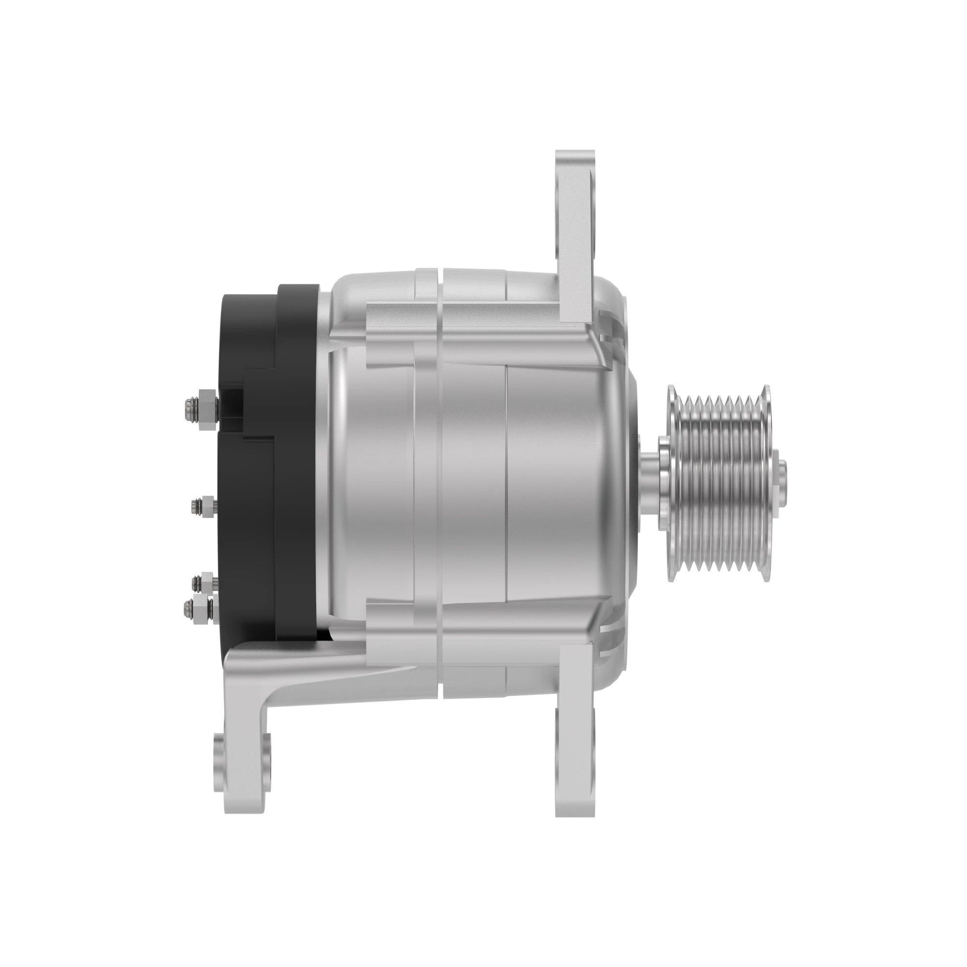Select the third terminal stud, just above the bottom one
tap(203, 582)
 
